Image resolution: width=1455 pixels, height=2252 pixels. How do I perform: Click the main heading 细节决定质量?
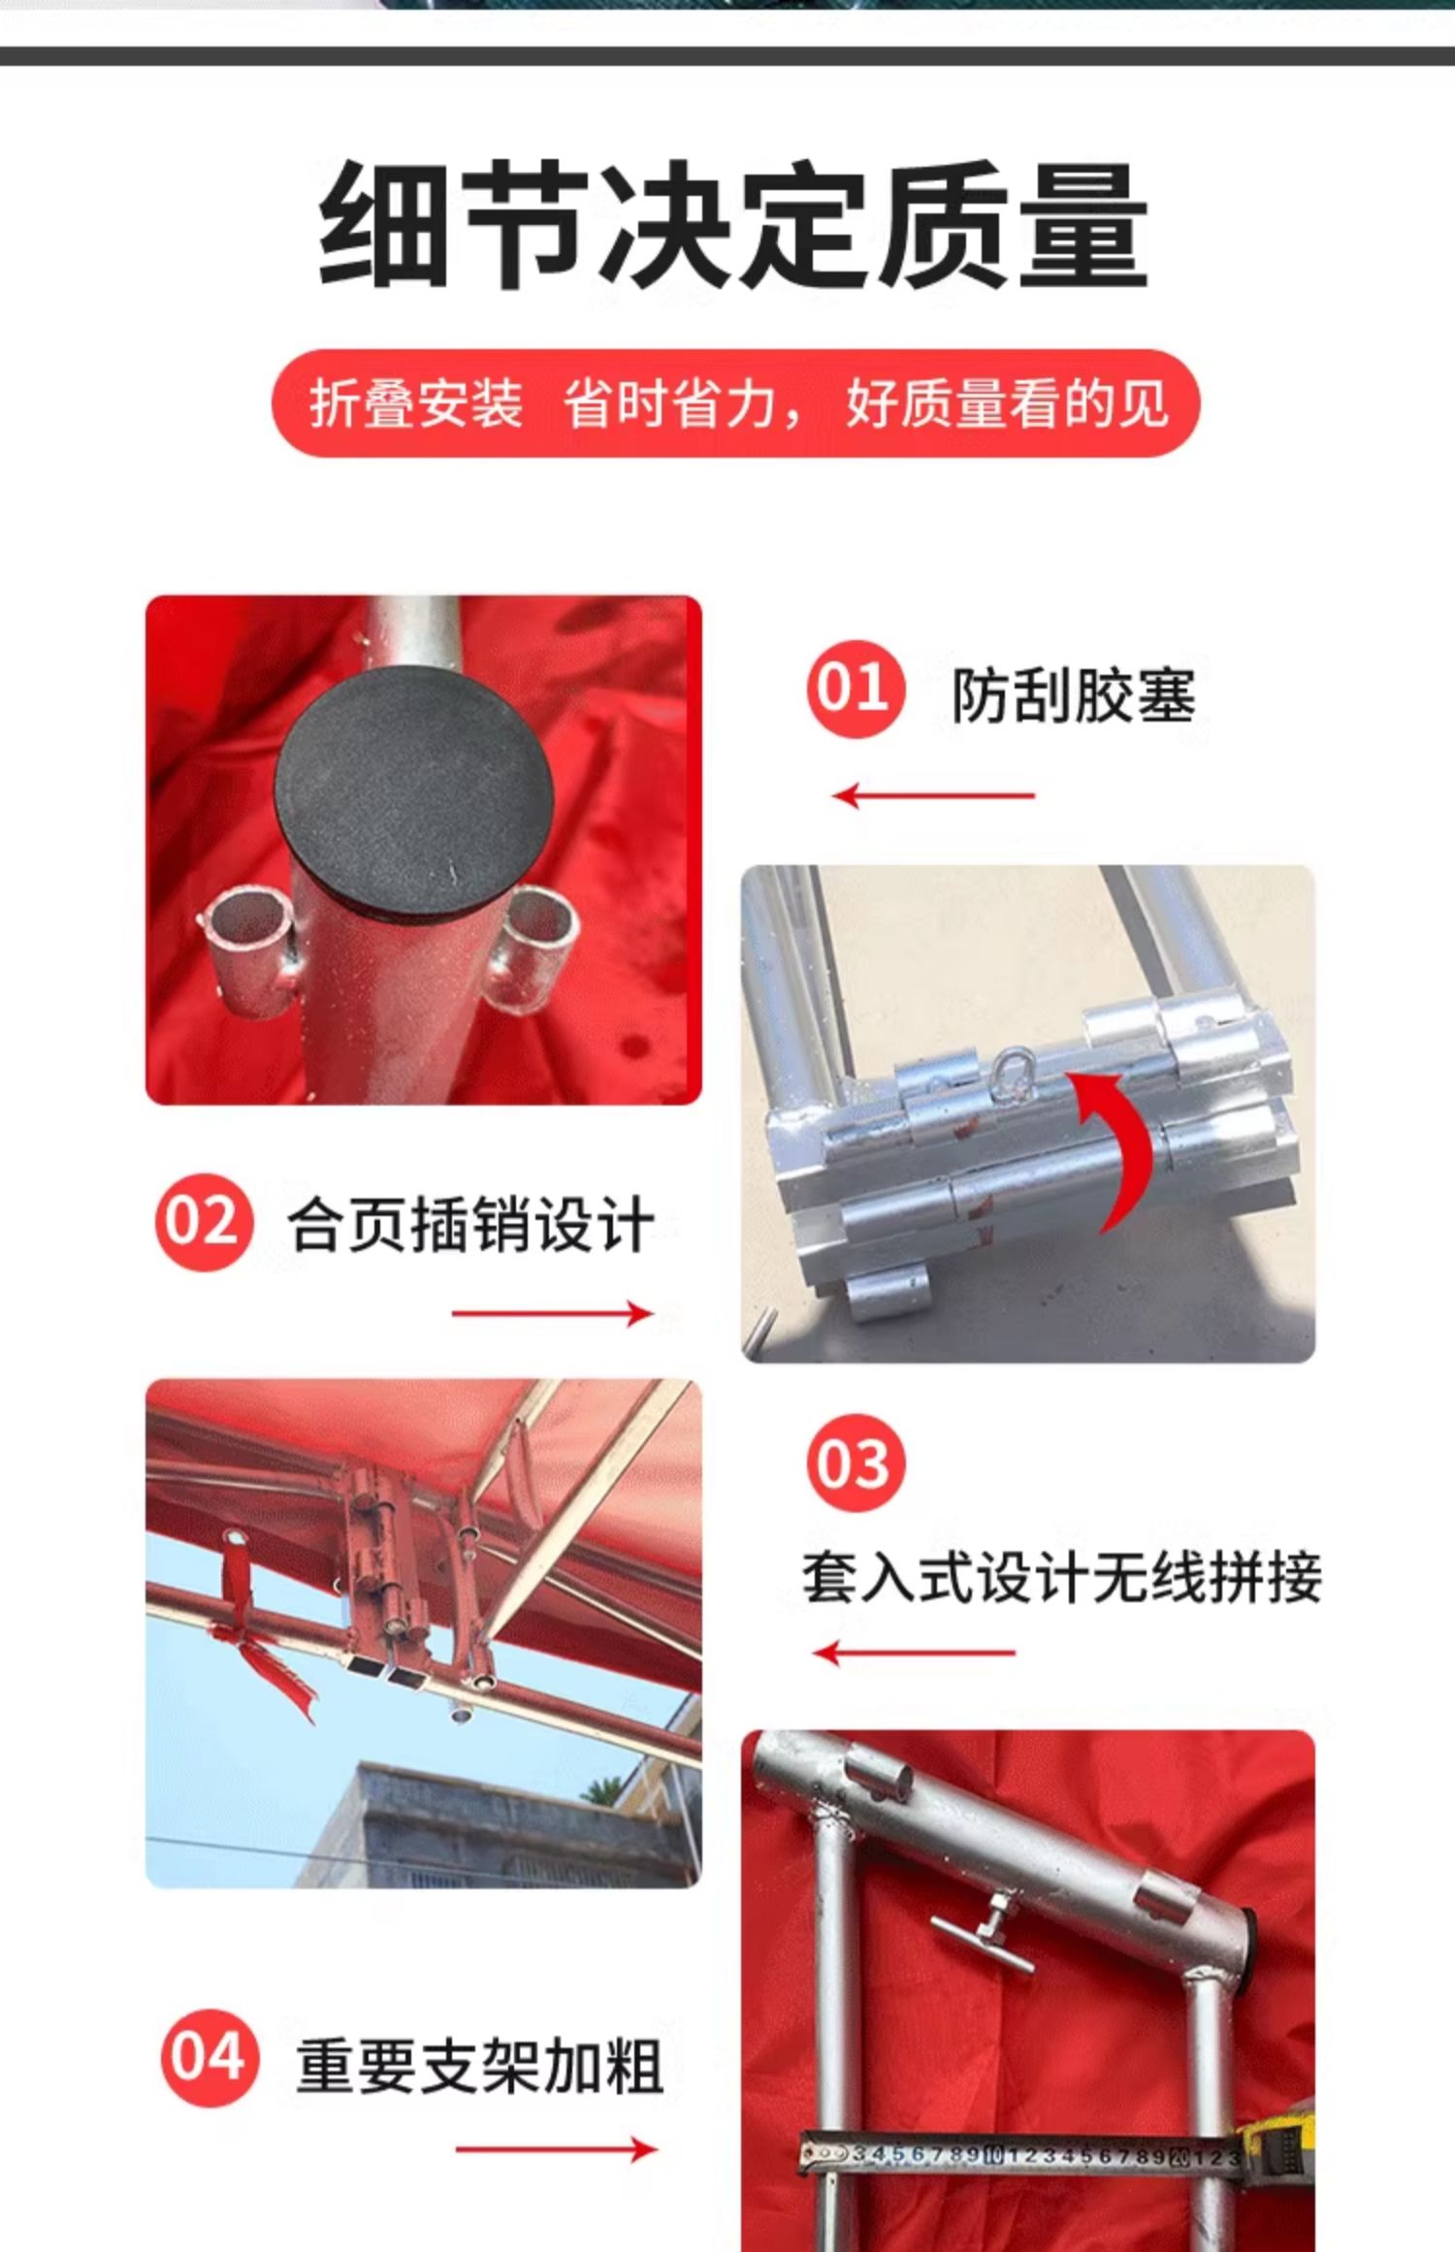click(x=733, y=225)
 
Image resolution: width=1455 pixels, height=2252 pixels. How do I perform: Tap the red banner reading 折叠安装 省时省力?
click(x=735, y=403)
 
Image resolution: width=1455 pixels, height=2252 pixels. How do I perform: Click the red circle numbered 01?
click(x=855, y=689)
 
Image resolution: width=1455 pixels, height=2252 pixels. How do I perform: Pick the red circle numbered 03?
click(x=855, y=1463)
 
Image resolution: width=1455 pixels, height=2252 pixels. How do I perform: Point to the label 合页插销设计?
click(x=471, y=1225)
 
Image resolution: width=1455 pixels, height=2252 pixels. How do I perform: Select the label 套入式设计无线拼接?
click(x=1061, y=1577)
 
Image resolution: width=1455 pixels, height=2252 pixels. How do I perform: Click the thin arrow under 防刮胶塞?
click(x=934, y=796)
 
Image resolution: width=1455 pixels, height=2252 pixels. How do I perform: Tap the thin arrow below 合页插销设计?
click(x=553, y=1314)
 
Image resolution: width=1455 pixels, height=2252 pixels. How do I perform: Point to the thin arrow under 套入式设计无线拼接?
click(x=915, y=1652)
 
